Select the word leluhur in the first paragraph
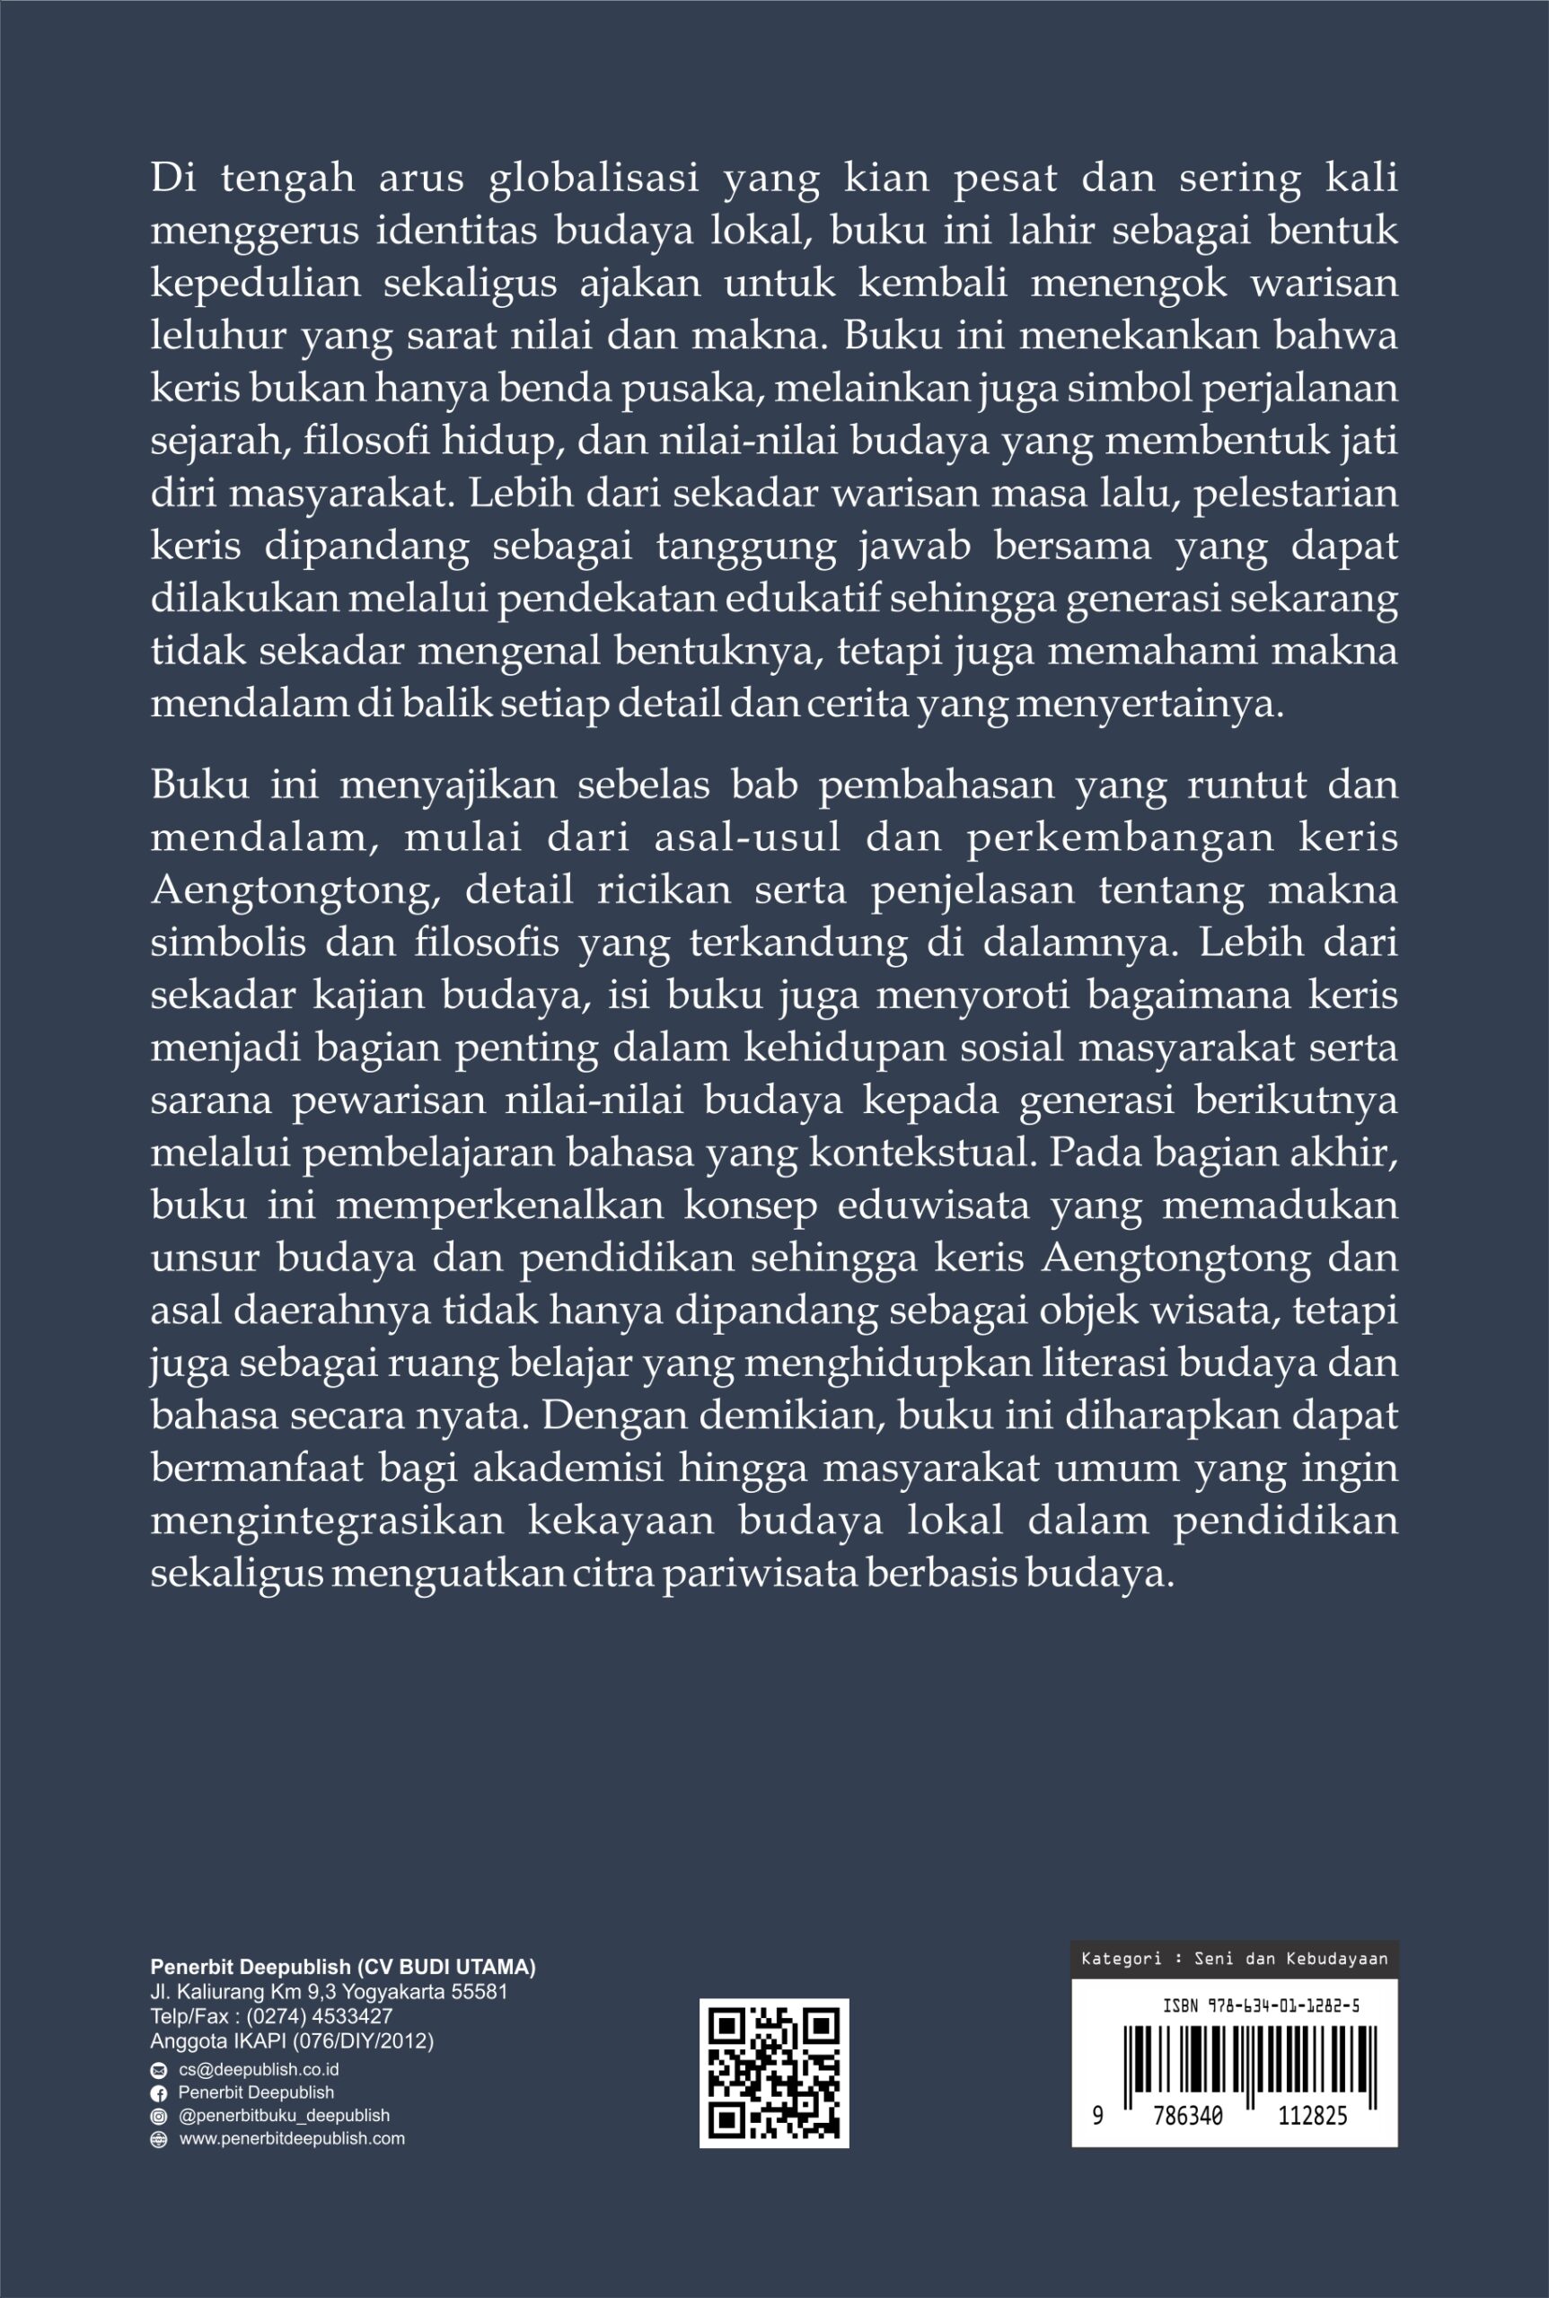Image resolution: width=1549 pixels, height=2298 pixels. click(x=203, y=337)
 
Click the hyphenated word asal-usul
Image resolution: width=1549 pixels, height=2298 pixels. click(x=748, y=838)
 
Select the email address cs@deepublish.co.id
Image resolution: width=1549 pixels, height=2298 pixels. click(x=259, y=2069)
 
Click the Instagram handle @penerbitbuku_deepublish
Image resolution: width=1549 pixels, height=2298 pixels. click(x=284, y=2115)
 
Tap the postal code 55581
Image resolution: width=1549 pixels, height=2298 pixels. click(x=478, y=1992)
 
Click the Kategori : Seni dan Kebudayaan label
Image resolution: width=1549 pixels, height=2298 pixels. click(x=1234, y=1960)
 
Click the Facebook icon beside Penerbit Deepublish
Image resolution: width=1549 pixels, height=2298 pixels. click(x=158, y=2092)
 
